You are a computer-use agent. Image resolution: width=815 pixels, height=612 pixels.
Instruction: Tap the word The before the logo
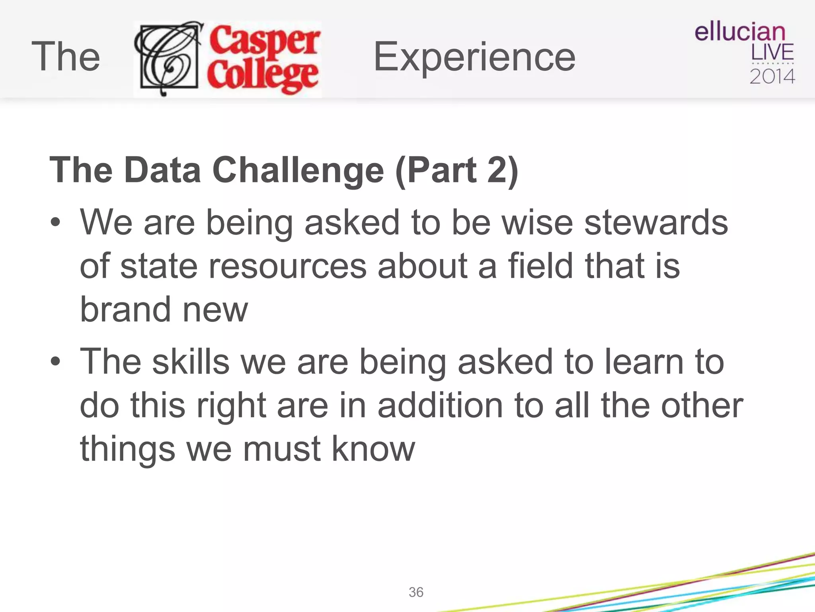[66, 57]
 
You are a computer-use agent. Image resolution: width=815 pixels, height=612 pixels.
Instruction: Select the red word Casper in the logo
[265, 40]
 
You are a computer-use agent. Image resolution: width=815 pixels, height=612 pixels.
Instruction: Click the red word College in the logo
[263, 76]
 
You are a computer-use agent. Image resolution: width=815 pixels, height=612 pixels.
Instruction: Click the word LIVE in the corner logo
[772, 53]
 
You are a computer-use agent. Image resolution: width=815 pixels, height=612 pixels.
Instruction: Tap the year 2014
[772, 76]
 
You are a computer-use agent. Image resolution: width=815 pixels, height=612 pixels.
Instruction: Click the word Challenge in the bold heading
[298, 171]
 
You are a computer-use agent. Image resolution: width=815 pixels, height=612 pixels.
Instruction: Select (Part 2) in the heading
[457, 171]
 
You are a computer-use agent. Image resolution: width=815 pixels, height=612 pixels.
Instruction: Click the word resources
[287, 266]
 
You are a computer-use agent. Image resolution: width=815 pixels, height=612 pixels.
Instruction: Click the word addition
[440, 405]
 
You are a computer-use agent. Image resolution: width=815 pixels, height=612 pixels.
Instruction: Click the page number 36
[416, 592]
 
